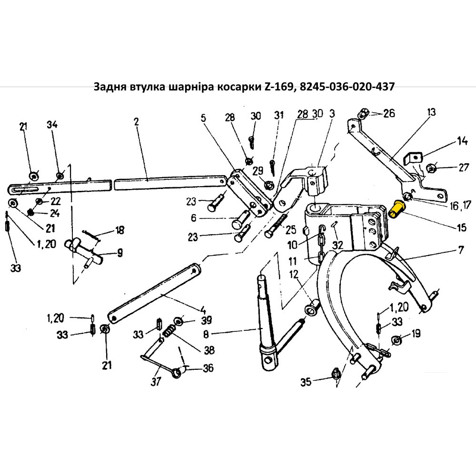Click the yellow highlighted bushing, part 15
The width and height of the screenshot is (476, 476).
point(396,208)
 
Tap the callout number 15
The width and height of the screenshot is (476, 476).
point(461,228)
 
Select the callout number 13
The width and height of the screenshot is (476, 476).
point(431,113)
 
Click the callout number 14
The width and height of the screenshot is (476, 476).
point(462,141)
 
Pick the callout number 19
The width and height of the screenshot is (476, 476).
point(416,334)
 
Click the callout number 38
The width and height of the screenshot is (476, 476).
point(209,350)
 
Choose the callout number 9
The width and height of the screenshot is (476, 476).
point(119,253)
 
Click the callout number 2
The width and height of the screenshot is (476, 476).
point(136,122)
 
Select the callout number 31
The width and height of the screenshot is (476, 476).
point(278,116)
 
